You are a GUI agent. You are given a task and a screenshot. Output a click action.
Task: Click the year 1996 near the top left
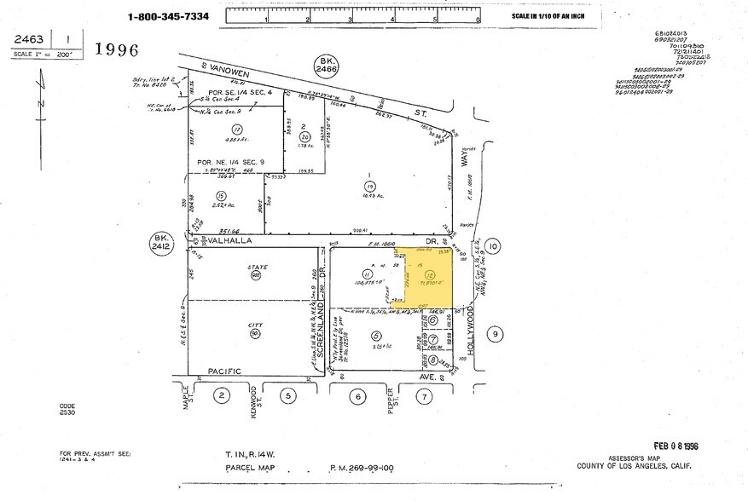click(116, 49)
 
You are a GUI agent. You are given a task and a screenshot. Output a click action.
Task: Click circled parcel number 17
click(237, 130)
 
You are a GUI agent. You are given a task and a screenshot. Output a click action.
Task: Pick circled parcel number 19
click(369, 185)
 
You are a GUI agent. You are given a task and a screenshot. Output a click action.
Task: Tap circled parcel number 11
click(366, 274)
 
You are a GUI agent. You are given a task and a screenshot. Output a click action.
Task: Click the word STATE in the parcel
click(252, 267)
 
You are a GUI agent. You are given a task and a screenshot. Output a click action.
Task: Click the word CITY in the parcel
click(253, 325)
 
